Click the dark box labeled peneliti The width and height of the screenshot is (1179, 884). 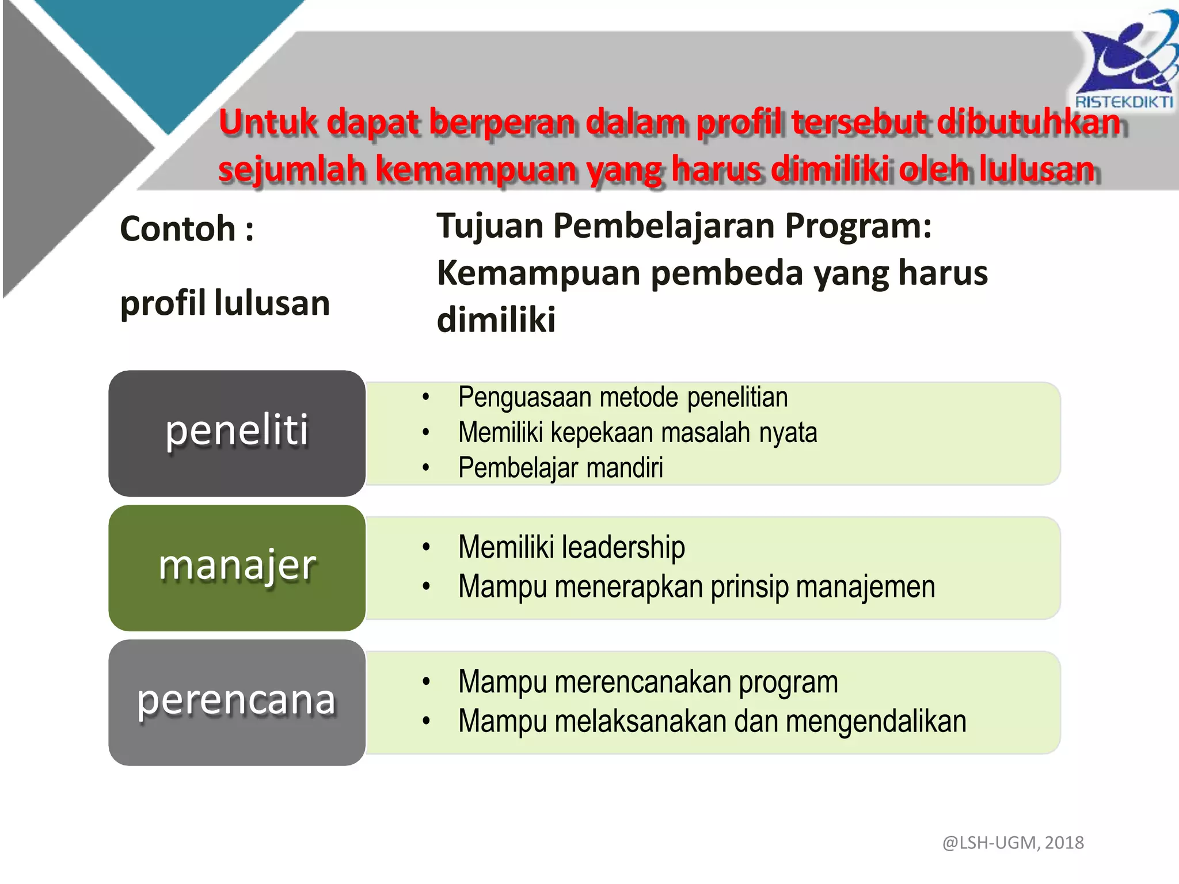point(237,433)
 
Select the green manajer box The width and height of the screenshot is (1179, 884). point(237,567)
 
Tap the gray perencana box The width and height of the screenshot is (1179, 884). point(237,702)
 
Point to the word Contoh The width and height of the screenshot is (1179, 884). point(178,229)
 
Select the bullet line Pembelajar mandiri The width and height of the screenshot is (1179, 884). point(560,467)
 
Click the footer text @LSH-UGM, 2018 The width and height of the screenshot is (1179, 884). point(1013,843)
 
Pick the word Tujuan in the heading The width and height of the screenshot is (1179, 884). point(490,226)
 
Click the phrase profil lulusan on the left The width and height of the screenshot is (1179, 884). point(225,303)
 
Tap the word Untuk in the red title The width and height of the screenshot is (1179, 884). point(268,123)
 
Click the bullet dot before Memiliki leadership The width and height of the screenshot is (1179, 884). point(426,547)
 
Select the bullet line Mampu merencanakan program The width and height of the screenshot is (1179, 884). point(648,682)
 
